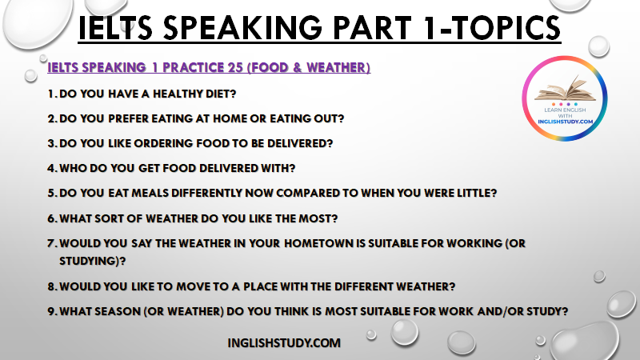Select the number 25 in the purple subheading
[235, 67]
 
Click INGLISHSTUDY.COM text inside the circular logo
[565, 122]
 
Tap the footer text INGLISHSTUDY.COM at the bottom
[284, 343]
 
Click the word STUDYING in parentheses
[89, 262]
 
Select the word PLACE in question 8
[260, 286]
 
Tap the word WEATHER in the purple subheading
[336, 67]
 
